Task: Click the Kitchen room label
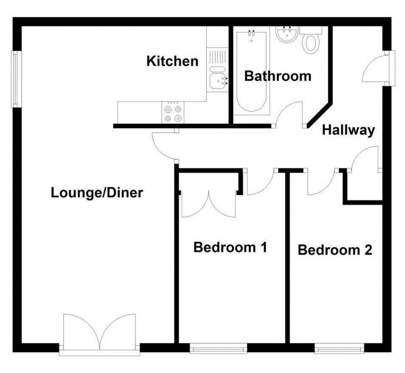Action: [x=172, y=62]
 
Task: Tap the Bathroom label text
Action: [x=277, y=76]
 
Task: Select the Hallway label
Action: [x=348, y=130]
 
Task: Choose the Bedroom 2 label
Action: [x=335, y=250]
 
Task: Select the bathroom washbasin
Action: [x=286, y=35]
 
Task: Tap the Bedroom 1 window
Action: [x=219, y=349]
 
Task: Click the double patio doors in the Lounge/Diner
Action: [x=100, y=334]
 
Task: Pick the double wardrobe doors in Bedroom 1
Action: [x=209, y=204]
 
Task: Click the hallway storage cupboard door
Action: [x=365, y=159]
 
